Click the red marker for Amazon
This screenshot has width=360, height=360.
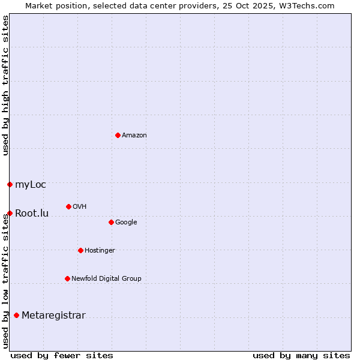[118, 135]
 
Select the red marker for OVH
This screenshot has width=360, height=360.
[68, 206]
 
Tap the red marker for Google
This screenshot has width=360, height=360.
[111, 222]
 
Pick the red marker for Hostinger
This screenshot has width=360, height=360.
[80, 250]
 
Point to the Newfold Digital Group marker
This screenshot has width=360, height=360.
[67, 278]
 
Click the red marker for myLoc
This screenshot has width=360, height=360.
[10, 184]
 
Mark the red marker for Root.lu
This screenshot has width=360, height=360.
[10, 213]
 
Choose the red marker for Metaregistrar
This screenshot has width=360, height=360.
[16, 315]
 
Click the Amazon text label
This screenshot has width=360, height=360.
[134, 136]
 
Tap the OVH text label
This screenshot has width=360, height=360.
[80, 207]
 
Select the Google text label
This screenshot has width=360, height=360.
[126, 223]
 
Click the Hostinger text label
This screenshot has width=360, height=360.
[100, 251]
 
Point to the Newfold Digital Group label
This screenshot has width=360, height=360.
[106, 279]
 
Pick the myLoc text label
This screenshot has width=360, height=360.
[31, 185]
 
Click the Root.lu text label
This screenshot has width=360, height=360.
[32, 214]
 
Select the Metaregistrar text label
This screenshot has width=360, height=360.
[53, 316]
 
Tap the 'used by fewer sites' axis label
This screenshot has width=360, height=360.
[62, 355]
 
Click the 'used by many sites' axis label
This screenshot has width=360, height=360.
[301, 355]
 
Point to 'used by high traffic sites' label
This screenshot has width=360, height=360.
[5, 85]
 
